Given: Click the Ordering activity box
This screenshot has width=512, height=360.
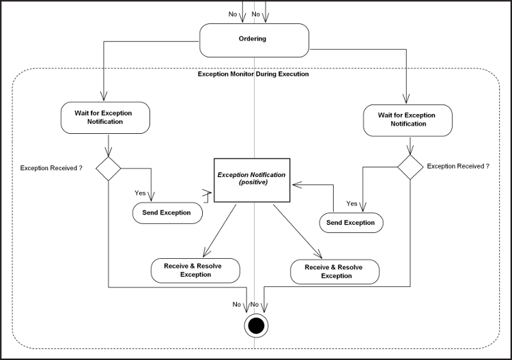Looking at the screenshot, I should coord(253,40).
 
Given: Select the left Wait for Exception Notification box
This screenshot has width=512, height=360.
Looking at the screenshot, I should coord(105,117).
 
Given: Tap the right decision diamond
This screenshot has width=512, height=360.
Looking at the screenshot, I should coord(410,166).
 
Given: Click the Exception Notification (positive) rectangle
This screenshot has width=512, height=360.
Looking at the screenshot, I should coord(252,179).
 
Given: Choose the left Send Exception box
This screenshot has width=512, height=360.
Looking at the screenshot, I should coord(167,213).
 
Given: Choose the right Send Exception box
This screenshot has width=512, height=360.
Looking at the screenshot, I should coord(351,223).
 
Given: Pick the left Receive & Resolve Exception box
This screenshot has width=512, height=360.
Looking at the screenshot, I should coord(195,270).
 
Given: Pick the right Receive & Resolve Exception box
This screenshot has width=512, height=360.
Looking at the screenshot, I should coord(335,271).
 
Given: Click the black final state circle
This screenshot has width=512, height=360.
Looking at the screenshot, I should coord(256,326).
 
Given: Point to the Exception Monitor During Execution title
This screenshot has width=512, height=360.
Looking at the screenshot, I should coord(253,74).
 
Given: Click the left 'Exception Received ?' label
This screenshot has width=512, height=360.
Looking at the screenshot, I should coord(51,167).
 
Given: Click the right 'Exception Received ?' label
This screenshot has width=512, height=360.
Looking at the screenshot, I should coord(458,166).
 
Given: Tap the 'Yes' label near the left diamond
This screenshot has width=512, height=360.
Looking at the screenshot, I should coord(140,193).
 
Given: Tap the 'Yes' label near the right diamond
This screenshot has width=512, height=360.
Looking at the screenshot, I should coord(352,204).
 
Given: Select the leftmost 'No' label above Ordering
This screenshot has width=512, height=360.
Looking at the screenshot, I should coord(233,14).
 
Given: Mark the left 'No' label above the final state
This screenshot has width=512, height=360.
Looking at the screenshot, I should coord(236,305).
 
